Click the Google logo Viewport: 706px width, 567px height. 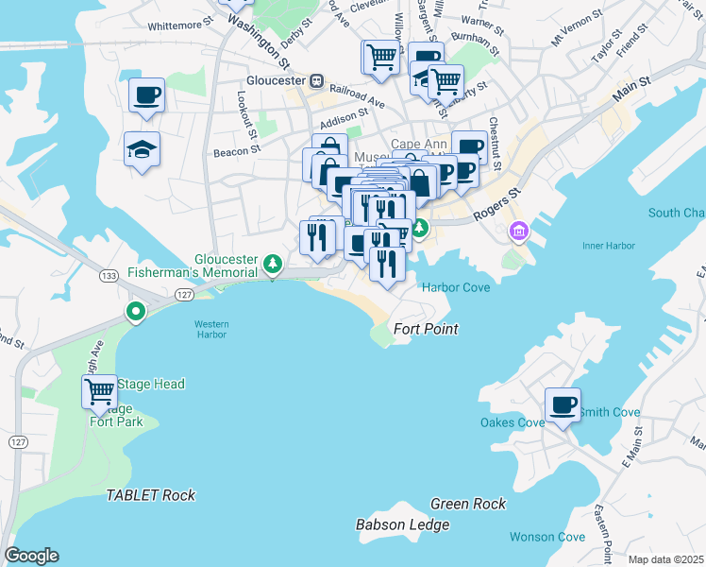(x=31, y=556)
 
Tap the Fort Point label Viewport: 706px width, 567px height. (x=426, y=329)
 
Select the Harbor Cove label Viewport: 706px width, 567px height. (x=456, y=287)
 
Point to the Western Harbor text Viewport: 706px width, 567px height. (x=211, y=330)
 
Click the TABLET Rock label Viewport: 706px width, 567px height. (x=150, y=495)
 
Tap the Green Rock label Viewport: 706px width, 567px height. (x=468, y=504)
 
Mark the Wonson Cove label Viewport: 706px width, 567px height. (x=547, y=537)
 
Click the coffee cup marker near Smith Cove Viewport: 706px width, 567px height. (x=563, y=405)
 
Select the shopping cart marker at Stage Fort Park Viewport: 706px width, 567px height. (x=99, y=390)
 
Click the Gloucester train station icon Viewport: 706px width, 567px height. (x=318, y=80)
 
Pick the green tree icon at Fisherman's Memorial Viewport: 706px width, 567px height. (x=273, y=262)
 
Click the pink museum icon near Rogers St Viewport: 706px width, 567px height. (x=518, y=232)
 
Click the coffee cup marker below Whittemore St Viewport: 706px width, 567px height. (x=147, y=95)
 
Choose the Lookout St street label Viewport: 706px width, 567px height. (x=248, y=112)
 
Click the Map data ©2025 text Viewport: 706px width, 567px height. (x=666, y=559)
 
